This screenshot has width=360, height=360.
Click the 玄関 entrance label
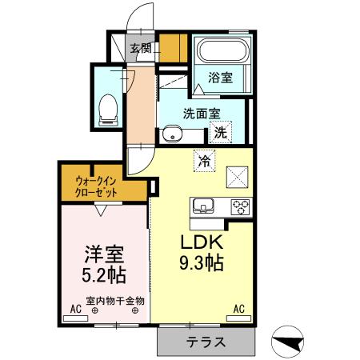[x=142, y=49]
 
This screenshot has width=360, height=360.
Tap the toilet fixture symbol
[x=106, y=110]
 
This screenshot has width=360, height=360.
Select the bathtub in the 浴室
[x=223, y=54]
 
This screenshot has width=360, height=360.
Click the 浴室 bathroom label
[x=221, y=78]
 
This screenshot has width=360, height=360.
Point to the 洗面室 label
[x=201, y=114]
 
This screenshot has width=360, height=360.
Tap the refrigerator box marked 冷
[x=205, y=160]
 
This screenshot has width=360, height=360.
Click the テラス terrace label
[x=206, y=341]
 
